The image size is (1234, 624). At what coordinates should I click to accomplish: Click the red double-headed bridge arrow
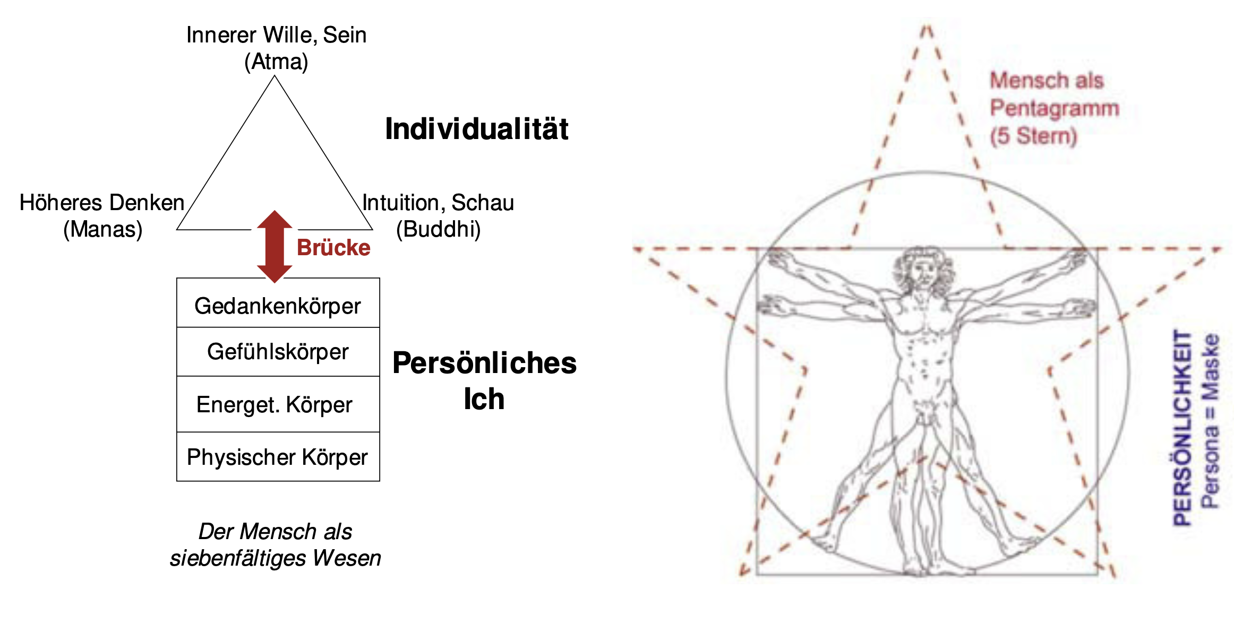275,247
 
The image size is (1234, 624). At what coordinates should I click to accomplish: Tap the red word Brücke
333,248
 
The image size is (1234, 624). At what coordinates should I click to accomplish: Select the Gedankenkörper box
278,303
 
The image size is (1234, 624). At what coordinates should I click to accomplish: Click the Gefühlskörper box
278,352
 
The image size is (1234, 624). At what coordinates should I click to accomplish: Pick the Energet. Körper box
278,404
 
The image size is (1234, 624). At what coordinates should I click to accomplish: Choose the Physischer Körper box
278,457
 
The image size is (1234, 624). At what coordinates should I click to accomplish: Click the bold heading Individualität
476,129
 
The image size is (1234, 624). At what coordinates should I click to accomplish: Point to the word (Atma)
276,62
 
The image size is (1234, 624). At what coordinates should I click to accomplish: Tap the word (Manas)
103,230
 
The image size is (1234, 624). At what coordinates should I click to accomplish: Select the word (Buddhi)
439,230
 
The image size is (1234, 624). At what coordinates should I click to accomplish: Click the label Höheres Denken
102,203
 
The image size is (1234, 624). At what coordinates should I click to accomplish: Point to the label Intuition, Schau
438,203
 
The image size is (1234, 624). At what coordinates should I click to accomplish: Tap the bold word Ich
484,399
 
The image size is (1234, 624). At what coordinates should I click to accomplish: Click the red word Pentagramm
1055,109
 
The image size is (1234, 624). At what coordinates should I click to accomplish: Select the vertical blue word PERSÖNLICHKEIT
1182,428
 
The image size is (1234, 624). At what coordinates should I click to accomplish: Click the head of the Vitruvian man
924,269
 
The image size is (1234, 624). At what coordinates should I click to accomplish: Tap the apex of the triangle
275,76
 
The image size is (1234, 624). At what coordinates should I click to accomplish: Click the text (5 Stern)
1033,136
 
